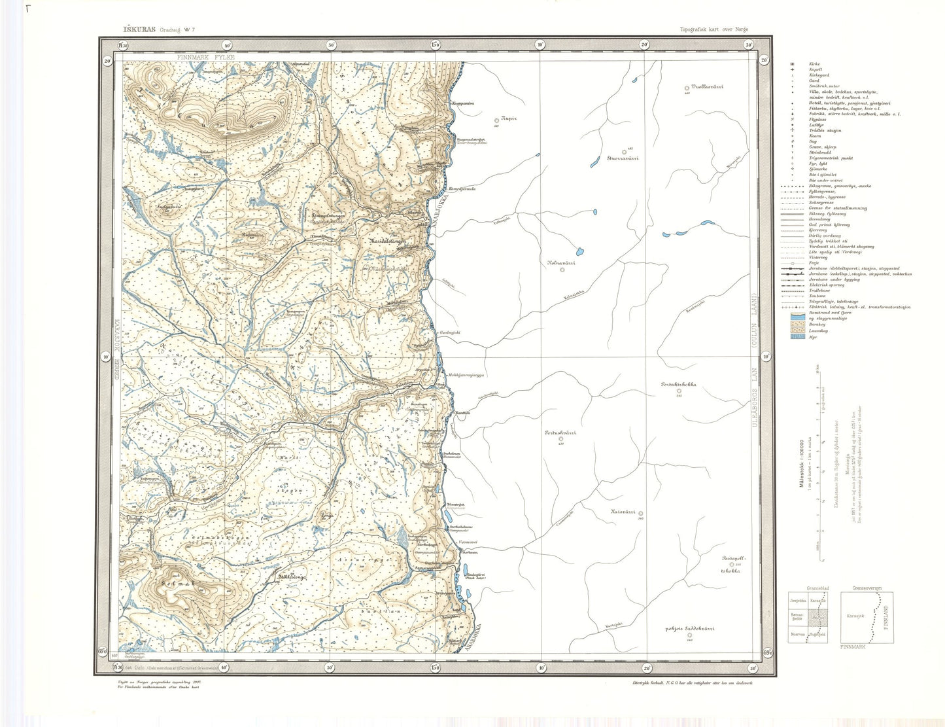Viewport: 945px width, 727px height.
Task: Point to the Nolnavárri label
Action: (560, 262)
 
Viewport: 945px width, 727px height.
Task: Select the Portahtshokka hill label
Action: (678, 385)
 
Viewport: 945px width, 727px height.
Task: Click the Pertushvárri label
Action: (560, 433)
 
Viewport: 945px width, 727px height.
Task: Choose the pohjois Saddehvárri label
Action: (689, 629)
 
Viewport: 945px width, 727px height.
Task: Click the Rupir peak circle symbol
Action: (496, 120)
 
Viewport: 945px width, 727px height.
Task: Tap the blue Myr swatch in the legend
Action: (796, 338)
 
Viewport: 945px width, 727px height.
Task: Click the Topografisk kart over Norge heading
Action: (714, 29)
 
